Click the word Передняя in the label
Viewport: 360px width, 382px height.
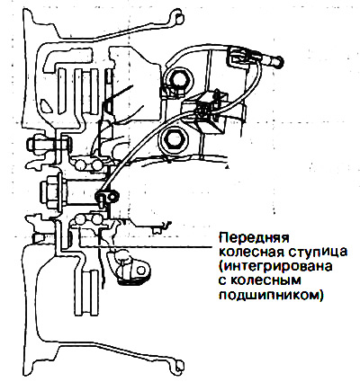[x=255, y=238]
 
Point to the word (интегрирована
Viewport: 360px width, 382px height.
[x=275, y=266]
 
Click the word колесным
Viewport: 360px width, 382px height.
[x=265, y=280]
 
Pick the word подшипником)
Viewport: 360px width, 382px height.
[x=271, y=295]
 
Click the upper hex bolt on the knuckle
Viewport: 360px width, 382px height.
[x=178, y=80]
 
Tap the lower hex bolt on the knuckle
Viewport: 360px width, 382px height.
[x=173, y=138]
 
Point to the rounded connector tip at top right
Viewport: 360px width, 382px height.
[x=278, y=61]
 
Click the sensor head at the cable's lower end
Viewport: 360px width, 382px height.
[x=107, y=197]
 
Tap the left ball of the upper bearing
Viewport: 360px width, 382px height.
[x=80, y=164]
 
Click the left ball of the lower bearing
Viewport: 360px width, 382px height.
[x=80, y=220]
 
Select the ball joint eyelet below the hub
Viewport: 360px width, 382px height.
[x=140, y=270]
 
